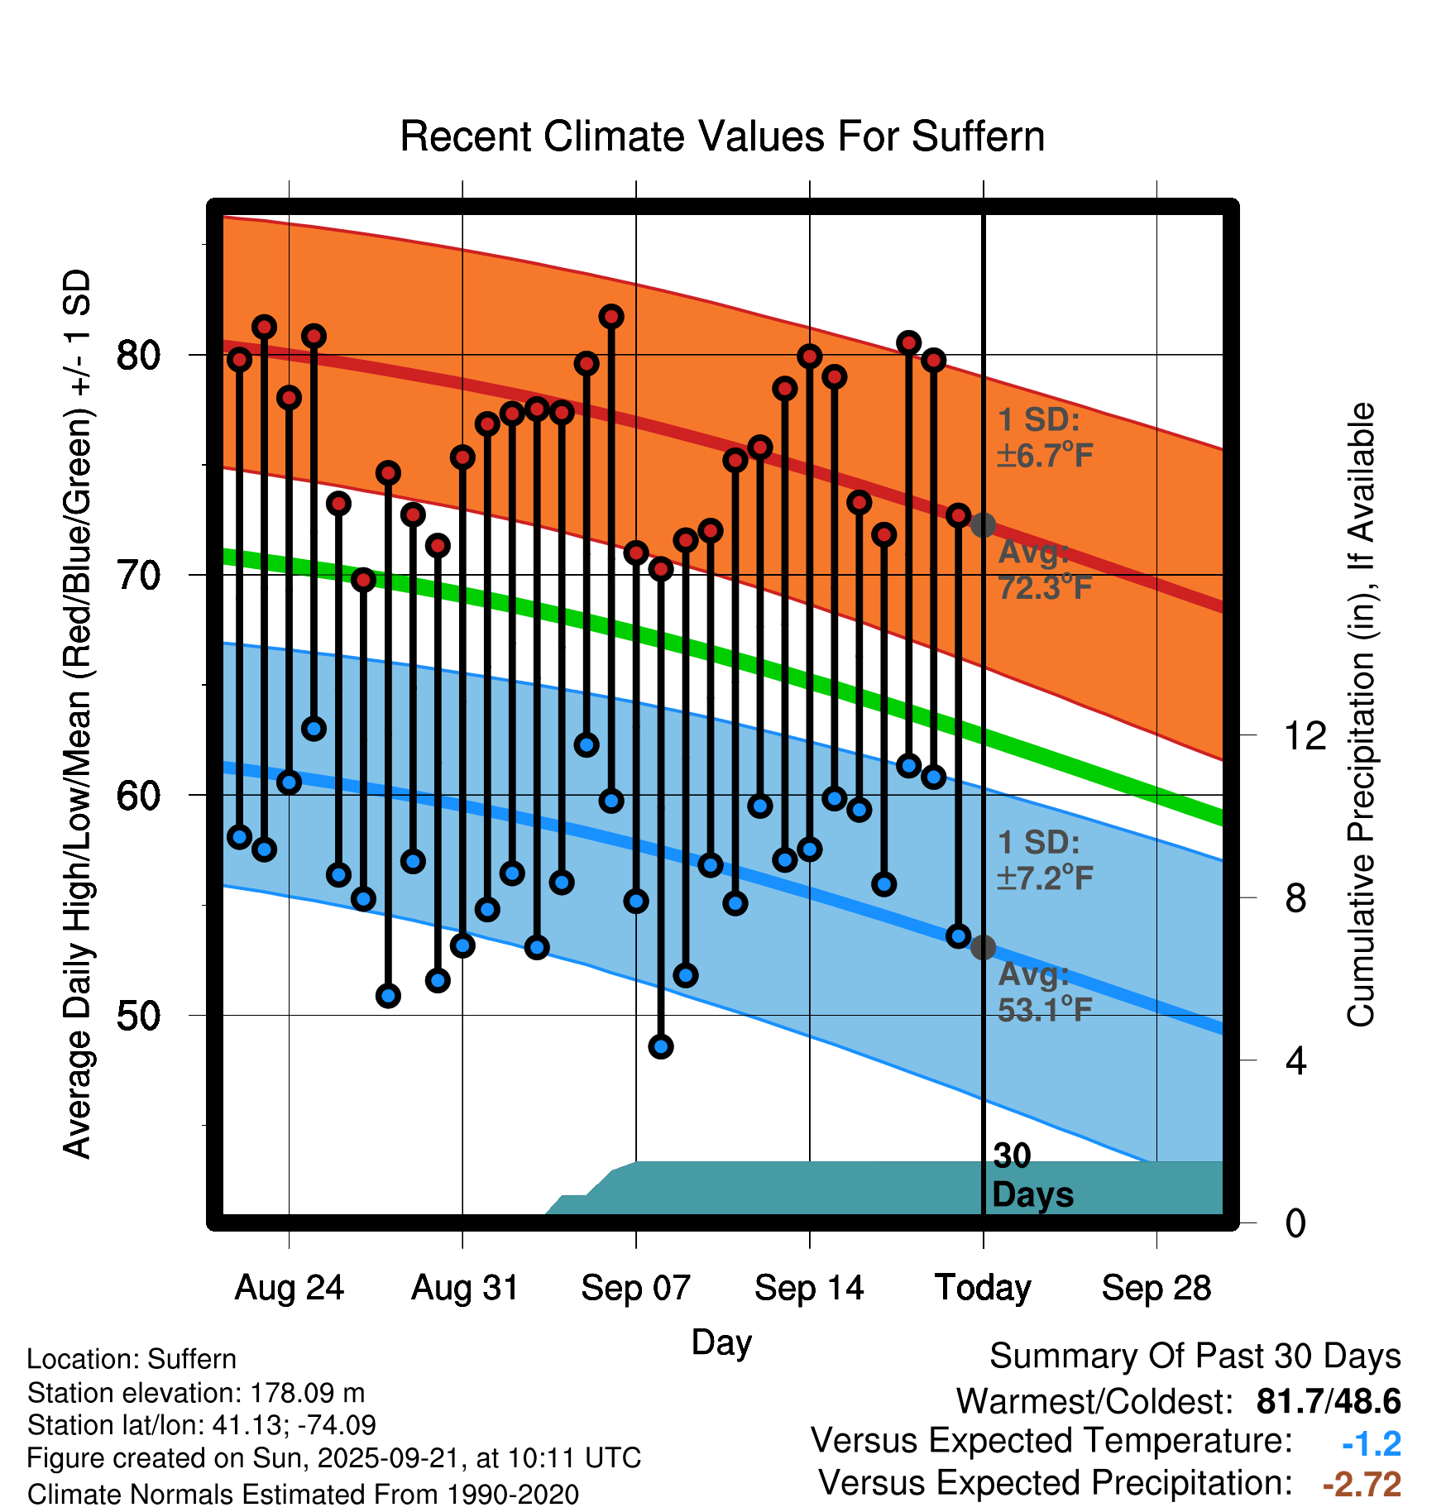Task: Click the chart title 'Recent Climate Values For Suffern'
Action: pos(722,137)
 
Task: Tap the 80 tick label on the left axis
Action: pos(137,356)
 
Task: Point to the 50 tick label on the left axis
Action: pos(137,1016)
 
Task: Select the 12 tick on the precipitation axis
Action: pos(1305,735)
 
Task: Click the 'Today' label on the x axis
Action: pos(983,1288)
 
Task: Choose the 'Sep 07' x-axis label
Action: pos(635,1288)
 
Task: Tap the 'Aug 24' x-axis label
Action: pos(289,1288)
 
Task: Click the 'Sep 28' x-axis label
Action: pos(1156,1288)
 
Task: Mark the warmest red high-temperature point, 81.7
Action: pos(611,317)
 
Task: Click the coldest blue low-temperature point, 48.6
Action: pos(661,1046)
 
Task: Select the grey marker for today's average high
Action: pos(983,524)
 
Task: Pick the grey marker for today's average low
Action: pos(983,947)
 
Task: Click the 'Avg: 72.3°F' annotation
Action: pos(1045,570)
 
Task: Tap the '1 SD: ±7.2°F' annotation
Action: pos(1045,860)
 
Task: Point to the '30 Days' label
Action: pos(1032,1175)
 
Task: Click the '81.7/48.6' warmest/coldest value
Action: pos(1328,1401)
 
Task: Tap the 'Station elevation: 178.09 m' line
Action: pos(196,1393)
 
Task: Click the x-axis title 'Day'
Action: pos(721,1342)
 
